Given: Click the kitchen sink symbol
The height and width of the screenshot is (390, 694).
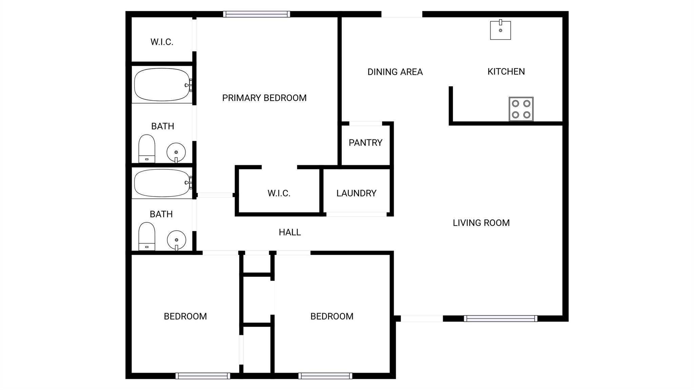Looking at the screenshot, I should click(x=500, y=30).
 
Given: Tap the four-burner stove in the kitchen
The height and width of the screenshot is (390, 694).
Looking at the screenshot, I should click(x=521, y=109).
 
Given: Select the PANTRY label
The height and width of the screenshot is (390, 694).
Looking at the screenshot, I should click(x=365, y=143).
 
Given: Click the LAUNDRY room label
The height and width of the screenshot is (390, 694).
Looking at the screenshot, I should click(x=356, y=193).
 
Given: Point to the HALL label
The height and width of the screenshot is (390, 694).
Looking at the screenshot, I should click(x=290, y=232).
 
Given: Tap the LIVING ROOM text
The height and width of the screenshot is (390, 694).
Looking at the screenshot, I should click(x=481, y=223).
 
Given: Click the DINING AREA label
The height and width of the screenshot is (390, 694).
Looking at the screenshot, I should click(x=395, y=72).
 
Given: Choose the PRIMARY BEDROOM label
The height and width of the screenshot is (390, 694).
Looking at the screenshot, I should click(x=264, y=98).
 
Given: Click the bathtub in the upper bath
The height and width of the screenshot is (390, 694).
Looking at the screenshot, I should click(x=162, y=85).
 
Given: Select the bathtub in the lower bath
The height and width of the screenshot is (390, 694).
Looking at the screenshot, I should click(x=162, y=183).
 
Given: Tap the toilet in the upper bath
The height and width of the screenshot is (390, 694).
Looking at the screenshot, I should click(x=147, y=149).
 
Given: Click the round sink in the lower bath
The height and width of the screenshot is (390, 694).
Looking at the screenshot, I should click(x=176, y=240).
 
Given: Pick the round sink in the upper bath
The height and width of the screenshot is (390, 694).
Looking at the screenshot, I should click(x=176, y=152).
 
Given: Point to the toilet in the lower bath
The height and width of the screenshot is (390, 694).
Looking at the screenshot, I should click(x=147, y=236).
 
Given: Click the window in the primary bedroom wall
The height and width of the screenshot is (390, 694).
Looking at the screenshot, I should click(x=256, y=14).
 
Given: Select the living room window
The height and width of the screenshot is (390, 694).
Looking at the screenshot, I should click(x=500, y=319).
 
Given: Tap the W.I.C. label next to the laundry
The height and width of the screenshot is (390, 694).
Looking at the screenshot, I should click(x=279, y=193).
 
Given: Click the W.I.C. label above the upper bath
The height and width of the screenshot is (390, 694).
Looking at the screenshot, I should click(x=162, y=42).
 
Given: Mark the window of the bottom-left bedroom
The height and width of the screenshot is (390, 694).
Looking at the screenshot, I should click(x=203, y=376).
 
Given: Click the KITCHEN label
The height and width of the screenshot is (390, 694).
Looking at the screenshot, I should click(x=506, y=71).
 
